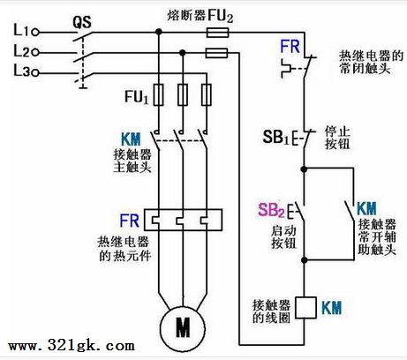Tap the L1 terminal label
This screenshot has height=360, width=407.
21,30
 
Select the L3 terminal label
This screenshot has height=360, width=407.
21,71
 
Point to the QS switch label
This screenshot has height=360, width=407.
82,22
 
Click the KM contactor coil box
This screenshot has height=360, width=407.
305,308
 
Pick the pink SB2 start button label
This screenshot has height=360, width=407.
271,210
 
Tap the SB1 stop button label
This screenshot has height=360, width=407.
276,137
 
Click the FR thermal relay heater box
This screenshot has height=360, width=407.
183,220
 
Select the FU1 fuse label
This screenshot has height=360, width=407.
137,96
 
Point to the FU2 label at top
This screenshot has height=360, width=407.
221,15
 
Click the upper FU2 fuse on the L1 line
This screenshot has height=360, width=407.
217,33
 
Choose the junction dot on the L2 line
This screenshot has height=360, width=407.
183,53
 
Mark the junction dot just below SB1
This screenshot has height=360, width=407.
304,169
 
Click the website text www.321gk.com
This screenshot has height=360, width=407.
72,346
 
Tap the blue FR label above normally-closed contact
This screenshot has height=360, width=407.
290,47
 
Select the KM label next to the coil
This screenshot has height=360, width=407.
332,308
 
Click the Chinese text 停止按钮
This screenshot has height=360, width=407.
337,138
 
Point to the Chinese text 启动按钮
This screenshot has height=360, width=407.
283,237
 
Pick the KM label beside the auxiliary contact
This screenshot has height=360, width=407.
366,208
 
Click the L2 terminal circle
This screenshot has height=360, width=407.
35,53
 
